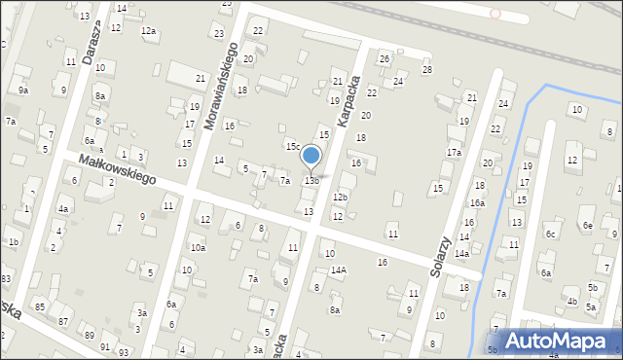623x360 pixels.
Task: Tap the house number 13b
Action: [x=311, y=181]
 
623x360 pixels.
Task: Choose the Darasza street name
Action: [x=93, y=46]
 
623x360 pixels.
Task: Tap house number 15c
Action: [x=292, y=146]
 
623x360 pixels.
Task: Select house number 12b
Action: [x=340, y=198]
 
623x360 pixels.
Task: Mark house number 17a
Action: [x=454, y=153]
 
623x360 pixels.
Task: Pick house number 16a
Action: [x=477, y=203]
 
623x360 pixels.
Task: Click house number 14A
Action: [x=338, y=270]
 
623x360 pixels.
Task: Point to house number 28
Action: [x=426, y=70]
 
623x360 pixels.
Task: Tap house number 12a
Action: [x=148, y=31]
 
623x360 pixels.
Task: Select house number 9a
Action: [x=23, y=90]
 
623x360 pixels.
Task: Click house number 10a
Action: [x=198, y=248]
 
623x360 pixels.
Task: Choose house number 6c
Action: [x=552, y=234]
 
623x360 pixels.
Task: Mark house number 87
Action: [x=64, y=321]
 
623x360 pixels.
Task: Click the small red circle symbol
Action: [x=495, y=14]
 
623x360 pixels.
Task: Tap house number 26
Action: [x=385, y=59]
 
